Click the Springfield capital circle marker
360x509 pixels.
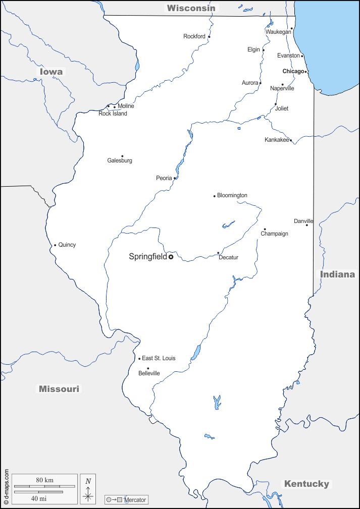point(171,257)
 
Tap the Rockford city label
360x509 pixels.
point(194,36)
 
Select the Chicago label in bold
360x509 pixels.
point(293,71)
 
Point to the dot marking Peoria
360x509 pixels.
point(175,178)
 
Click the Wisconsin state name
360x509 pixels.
point(191,8)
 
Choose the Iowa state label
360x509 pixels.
point(52,72)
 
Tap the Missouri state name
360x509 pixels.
point(59,389)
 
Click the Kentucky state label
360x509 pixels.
point(306,484)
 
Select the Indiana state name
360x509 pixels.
point(337,274)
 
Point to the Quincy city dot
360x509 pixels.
point(55,246)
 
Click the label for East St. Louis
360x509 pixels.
point(159,358)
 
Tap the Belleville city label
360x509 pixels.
point(149,373)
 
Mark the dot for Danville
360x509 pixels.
point(306,225)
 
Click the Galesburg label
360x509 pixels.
point(120,160)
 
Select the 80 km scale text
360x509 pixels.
point(44,480)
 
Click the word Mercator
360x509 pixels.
point(135,500)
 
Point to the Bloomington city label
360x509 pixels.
point(232,195)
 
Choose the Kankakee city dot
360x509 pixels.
point(290,140)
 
